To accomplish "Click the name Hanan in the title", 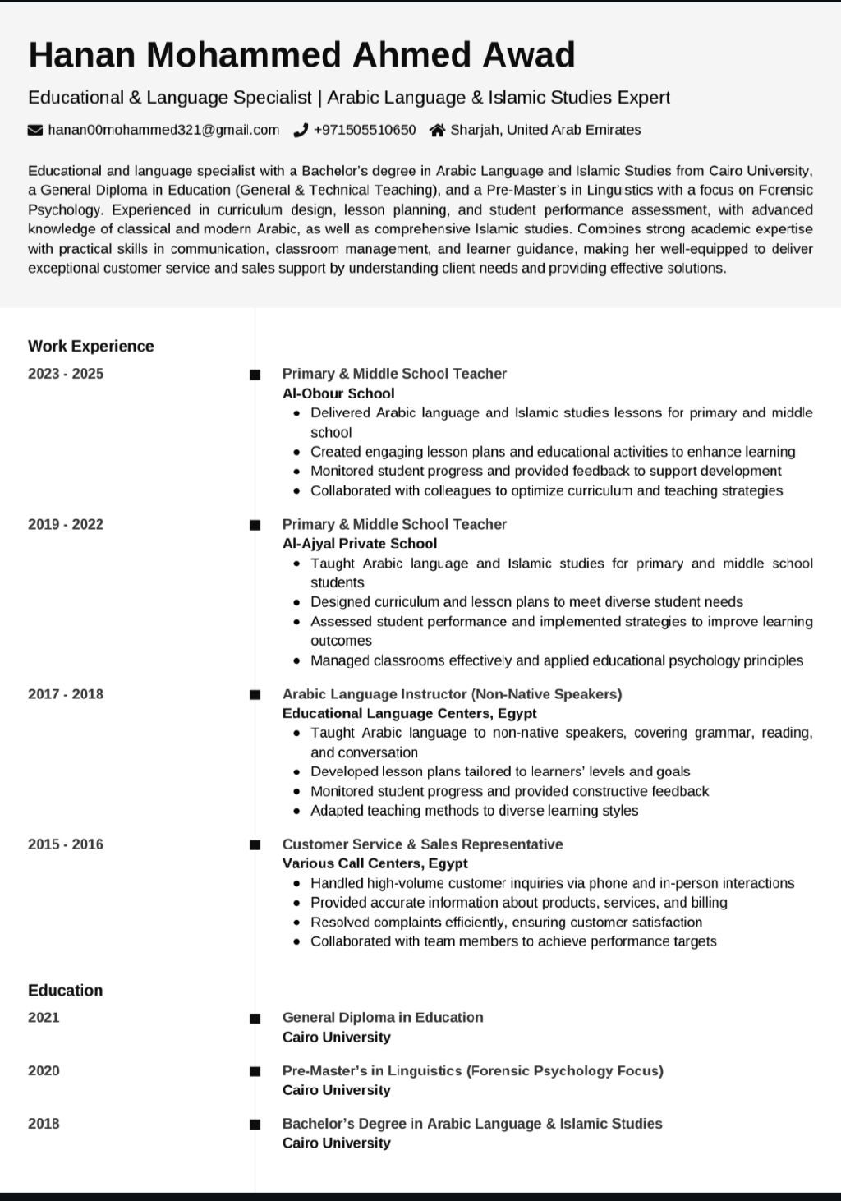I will click(81, 55).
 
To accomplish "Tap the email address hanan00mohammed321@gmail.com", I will click(163, 130).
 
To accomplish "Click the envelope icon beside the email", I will click(35, 130).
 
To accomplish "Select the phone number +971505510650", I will click(365, 130).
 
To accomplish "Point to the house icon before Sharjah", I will click(438, 130).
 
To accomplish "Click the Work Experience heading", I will click(91, 346).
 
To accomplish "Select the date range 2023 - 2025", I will click(66, 374).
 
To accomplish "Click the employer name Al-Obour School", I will click(338, 393).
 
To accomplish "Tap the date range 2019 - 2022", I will click(66, 524).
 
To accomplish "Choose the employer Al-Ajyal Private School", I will click(360, 543).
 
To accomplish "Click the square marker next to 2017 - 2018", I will click(255, 695).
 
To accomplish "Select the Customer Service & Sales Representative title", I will click(422, 844).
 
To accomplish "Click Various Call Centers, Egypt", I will click(375, 863).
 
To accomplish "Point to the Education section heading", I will click(66, 990).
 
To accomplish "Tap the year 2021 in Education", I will click(44, 1018).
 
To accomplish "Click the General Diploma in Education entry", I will click(383, 1017).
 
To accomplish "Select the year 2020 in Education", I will click(44, 1070).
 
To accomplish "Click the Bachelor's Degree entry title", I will click(472, 1123).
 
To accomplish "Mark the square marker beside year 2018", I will click(255, 1125).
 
